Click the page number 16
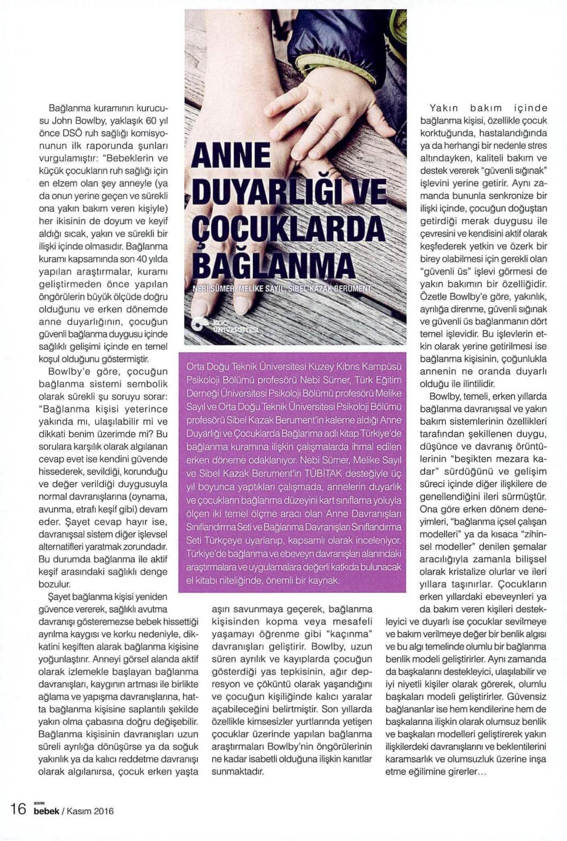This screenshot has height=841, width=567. click(x=18, y=808)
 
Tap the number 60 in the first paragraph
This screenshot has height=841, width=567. click(x=151, y=120)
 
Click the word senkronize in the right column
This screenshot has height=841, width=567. click(x=507, y=195)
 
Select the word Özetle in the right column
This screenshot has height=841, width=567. click(x=432, y=296)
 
